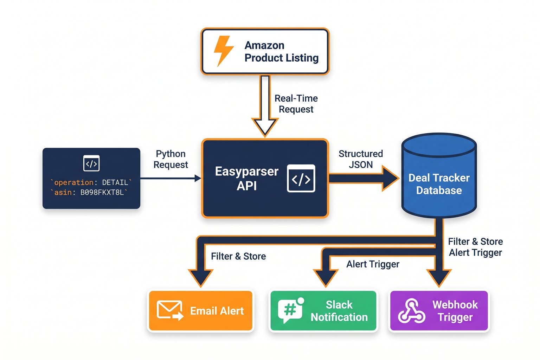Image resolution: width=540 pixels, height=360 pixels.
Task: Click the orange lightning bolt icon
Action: coord(223,51)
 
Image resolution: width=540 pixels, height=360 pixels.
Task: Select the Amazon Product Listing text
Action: coord(281,51)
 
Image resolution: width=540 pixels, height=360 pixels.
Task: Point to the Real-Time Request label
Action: coord(296,104)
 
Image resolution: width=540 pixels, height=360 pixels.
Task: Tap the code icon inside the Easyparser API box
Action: coord(301,179)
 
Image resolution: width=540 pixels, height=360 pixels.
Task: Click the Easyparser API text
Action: coord(246,179)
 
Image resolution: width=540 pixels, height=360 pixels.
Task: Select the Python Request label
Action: coord(171,159)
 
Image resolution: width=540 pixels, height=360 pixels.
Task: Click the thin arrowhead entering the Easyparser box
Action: coord(198,179)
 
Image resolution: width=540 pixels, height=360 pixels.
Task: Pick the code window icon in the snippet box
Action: coord(91,163)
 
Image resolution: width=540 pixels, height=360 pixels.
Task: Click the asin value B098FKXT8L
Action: coord(102,192)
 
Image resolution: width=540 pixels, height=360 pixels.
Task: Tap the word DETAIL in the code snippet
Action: coord(115,182)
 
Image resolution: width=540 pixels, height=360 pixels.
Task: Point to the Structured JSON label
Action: coord(360,159)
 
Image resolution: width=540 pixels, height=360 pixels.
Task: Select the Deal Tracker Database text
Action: coord(439,184)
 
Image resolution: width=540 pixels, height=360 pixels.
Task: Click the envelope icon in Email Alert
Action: coord(170,310)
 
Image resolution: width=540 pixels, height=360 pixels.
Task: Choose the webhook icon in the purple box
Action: coord(411,311)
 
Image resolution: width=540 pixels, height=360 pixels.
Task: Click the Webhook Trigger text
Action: coord(455,311)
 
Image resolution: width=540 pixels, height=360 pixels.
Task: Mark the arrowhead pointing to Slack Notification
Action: coord(326,278)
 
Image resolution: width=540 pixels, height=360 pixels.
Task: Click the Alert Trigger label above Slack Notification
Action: coord(373,264)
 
